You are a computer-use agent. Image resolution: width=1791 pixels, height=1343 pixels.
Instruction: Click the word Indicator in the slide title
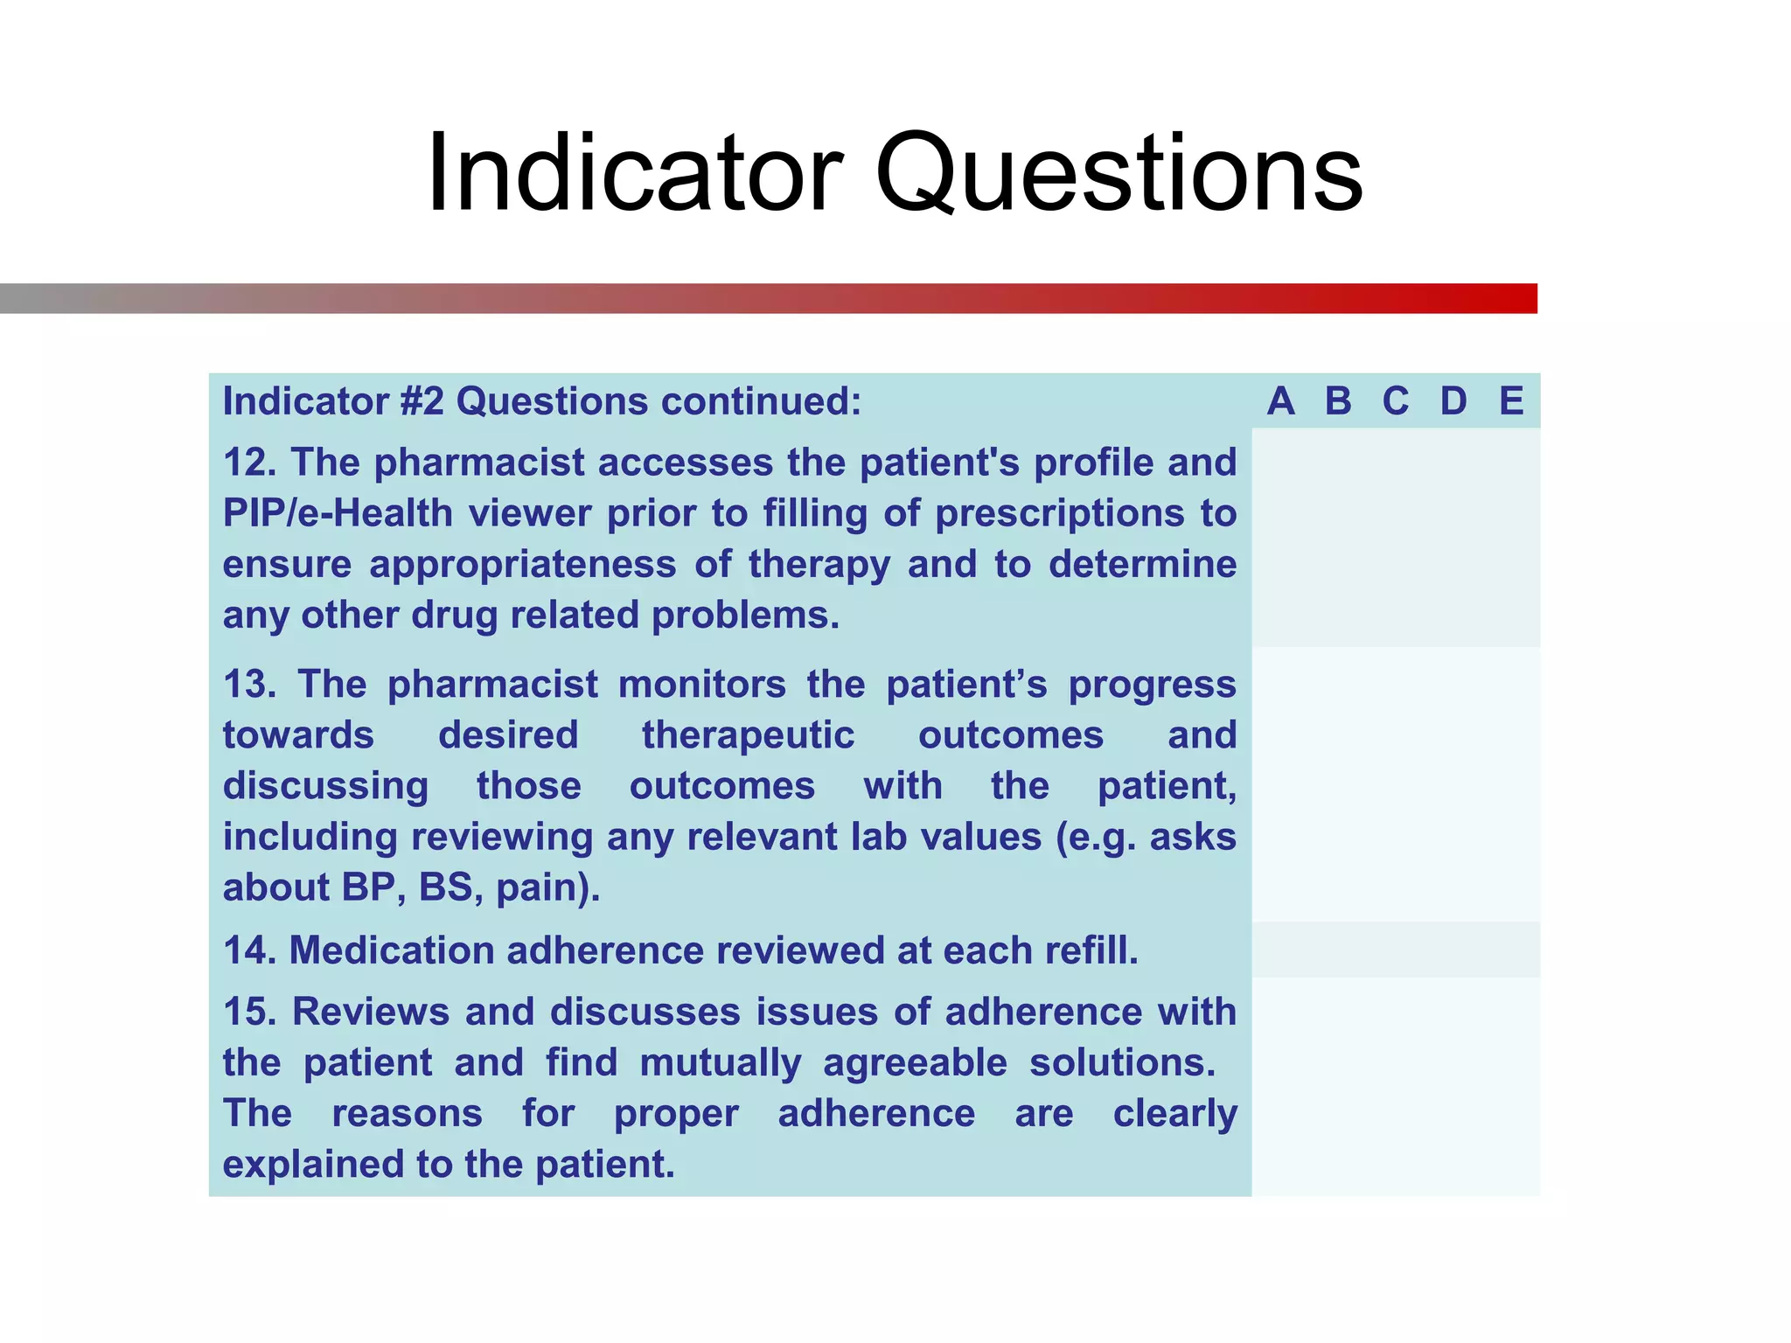click(x=634, y=173)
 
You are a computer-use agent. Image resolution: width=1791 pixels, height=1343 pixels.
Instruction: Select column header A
click(x=1280, y=401)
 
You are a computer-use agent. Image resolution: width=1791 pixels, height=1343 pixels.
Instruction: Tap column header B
click(x=1338, y=401)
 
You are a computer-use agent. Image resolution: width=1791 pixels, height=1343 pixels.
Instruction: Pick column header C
click(x=1396, y=401)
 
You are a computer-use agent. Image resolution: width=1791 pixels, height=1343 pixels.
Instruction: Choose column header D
click(x=1453, y=401)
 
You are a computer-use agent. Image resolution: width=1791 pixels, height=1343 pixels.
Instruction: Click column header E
click(x=1511, y=401)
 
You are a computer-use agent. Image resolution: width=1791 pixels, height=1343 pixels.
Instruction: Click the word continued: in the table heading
click(x=761, y=401)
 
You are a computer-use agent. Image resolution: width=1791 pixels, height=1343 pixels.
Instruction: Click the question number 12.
click(x=248, y=463)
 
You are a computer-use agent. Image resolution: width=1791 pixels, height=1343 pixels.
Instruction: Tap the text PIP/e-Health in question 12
click(x=338, y=513)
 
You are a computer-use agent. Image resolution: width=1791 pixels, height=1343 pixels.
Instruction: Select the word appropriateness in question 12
click(x=522, y=565)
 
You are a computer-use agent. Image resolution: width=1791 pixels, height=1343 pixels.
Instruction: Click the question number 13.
click(x=248, y=685)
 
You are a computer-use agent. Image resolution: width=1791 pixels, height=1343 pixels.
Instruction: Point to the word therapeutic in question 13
click(x=748, y=735)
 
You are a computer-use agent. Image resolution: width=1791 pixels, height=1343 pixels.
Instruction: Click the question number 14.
click(x=248, y=950)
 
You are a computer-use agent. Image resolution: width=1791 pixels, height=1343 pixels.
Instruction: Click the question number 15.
click(x=248, y=1012)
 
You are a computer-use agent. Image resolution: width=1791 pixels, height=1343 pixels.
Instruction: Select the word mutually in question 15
click(x=720, y=1063)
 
